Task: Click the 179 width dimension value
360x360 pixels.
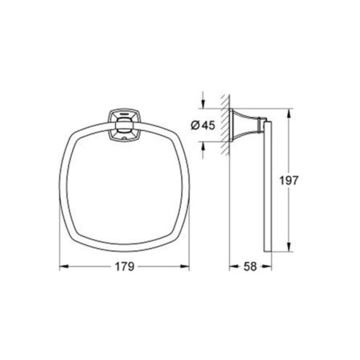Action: point(124,267)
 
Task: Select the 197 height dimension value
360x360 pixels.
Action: point(289,180)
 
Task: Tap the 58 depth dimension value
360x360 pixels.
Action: point(250,267)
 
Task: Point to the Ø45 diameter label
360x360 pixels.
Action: point(203,125)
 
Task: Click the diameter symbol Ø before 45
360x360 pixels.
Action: point(196,125)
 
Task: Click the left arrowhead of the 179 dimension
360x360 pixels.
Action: point(63,267)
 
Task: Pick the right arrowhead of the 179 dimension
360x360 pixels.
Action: point(185,267)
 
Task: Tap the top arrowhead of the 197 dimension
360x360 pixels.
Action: point(289,113)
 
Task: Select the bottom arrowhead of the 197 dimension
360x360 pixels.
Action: point(289,247)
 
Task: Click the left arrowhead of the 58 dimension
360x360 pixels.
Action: point(233,267)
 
